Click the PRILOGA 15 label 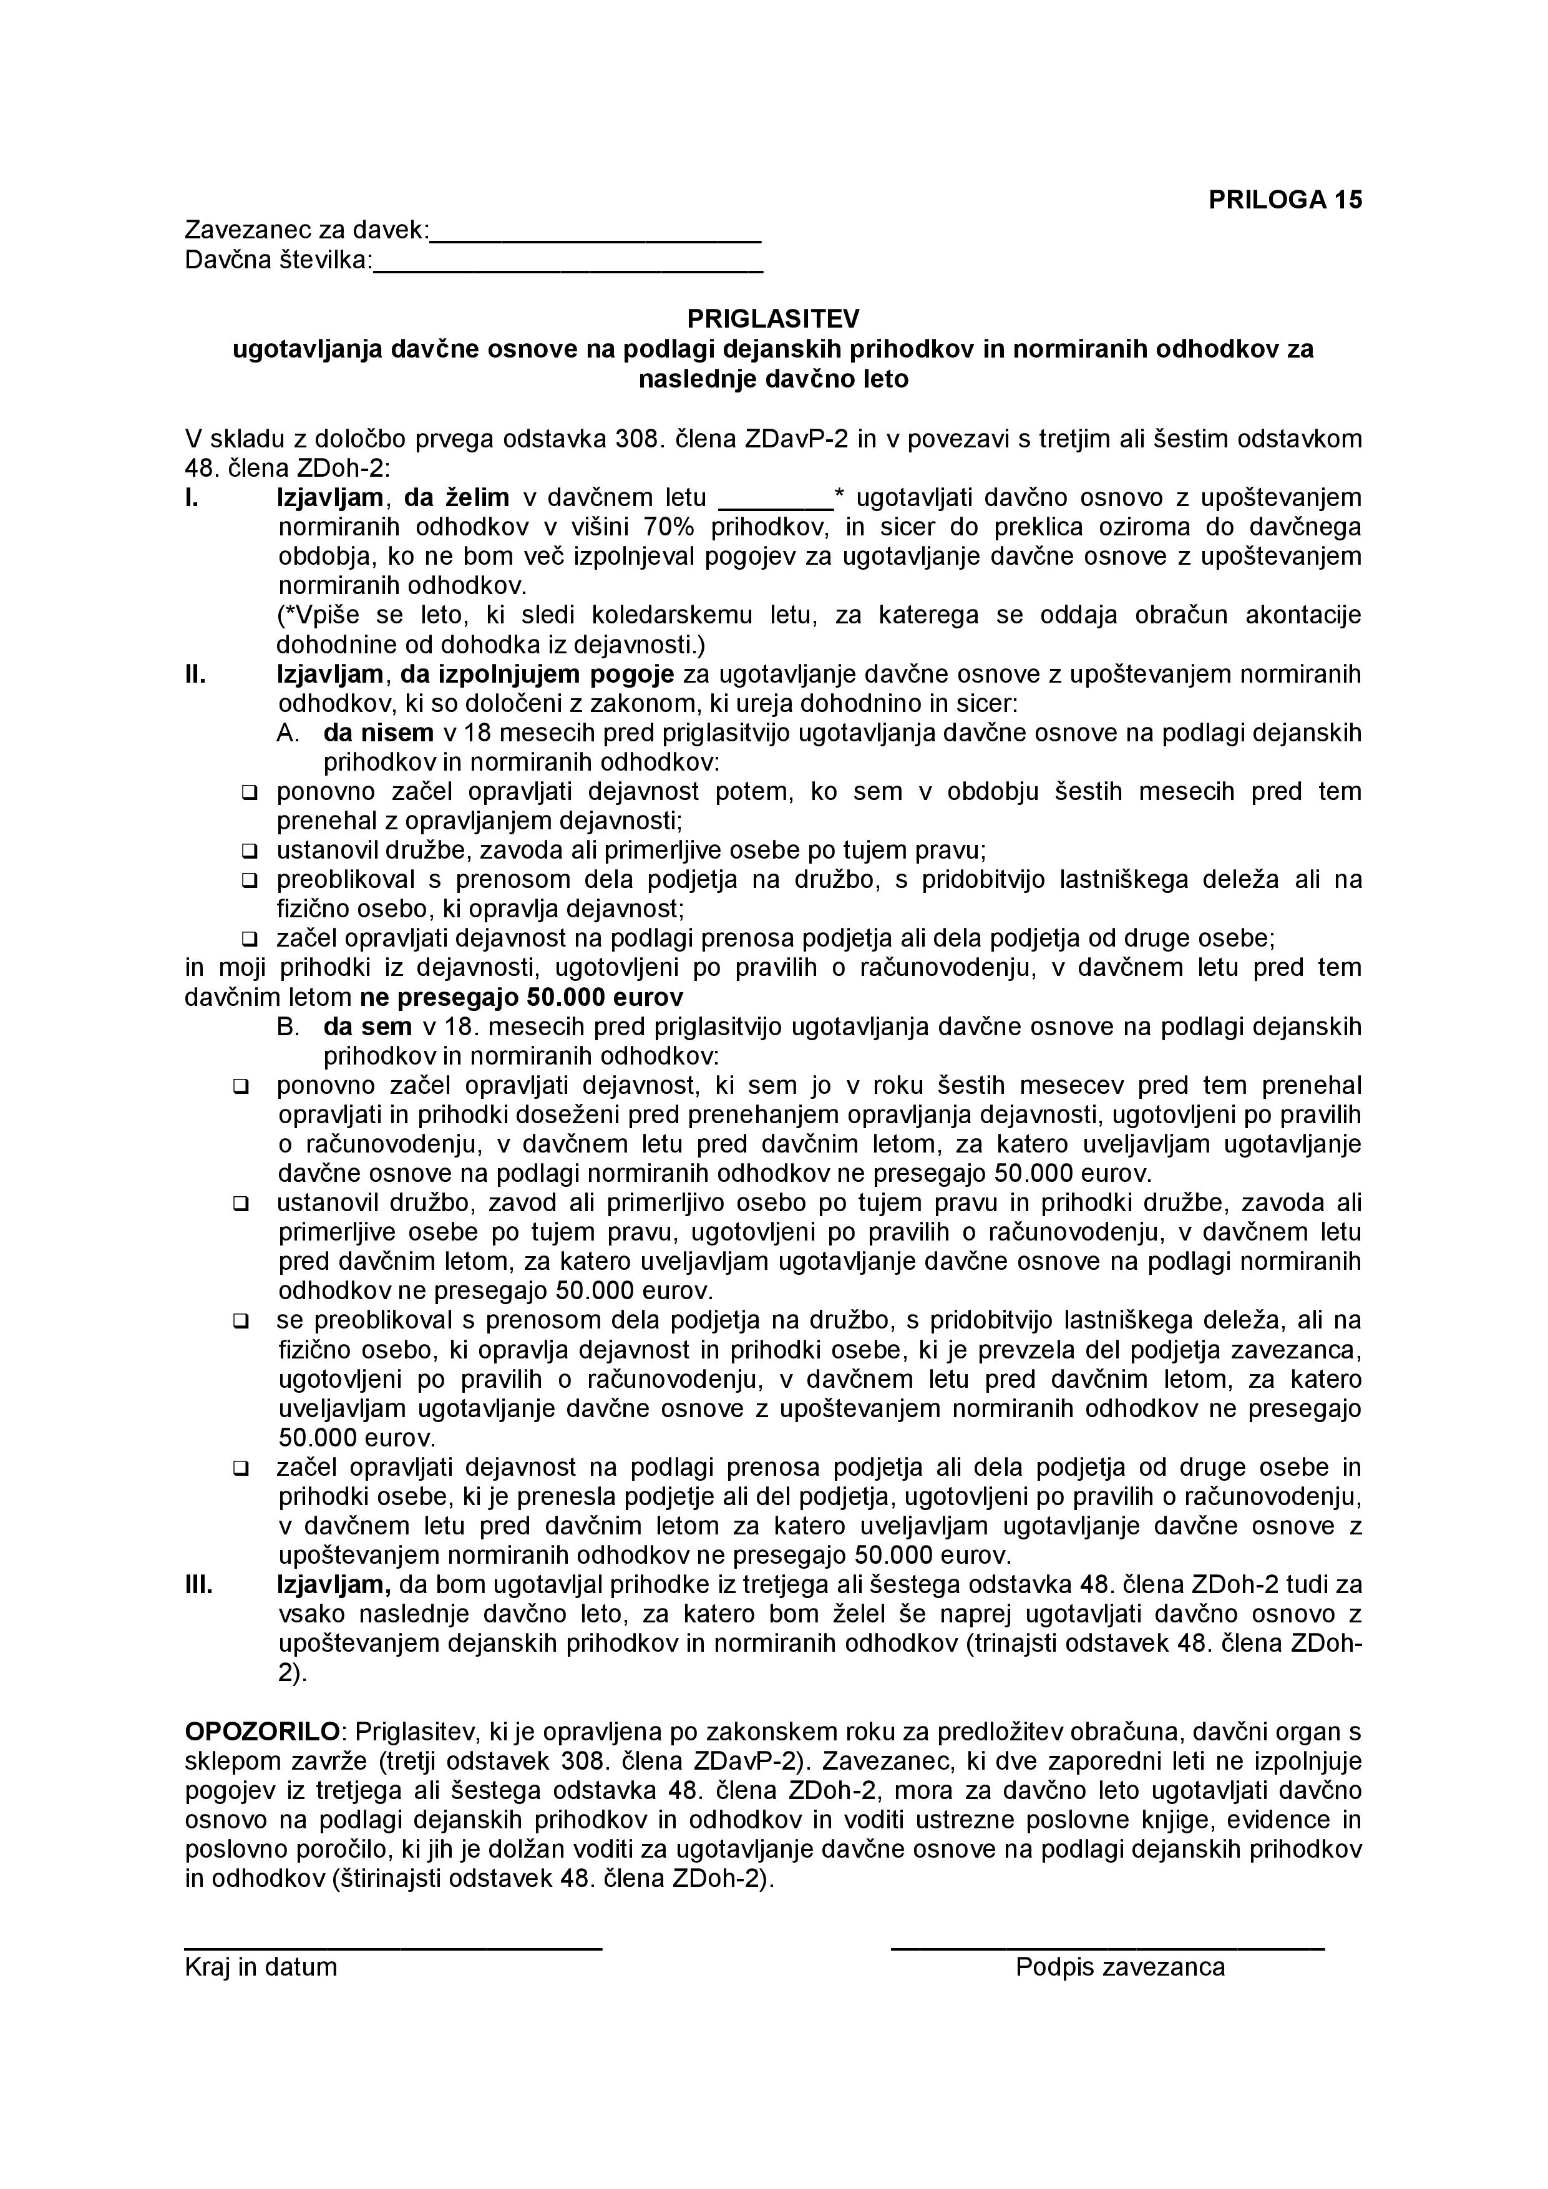tap(1285, 199)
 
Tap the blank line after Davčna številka tap(568, 271)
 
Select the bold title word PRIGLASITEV tap(773, 318)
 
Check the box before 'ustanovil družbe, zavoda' tap(250, 851)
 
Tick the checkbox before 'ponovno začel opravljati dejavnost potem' tap(250, 792)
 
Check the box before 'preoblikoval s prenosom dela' tap(250, 880)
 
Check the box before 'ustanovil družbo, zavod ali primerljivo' tap(241, 1204)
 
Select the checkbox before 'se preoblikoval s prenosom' tap(241, 1322)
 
